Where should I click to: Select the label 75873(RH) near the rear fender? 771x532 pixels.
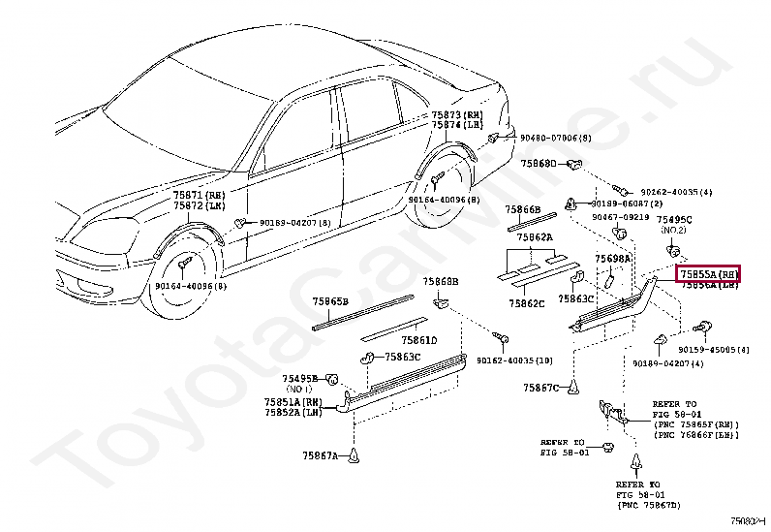(458, 114)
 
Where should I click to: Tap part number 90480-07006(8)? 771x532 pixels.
(541, 138)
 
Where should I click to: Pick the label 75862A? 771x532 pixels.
(534, 236)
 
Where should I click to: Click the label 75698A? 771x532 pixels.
(612, 260)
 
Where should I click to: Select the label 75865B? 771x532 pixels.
(329, 301)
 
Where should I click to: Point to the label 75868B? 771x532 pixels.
(440, 281)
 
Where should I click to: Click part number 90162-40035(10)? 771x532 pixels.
(514, 360)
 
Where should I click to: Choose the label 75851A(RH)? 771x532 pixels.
(293, 401)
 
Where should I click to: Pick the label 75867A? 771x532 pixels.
(319, 454)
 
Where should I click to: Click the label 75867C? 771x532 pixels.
(541, 388)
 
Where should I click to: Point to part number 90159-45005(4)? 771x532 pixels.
(706, 349)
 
